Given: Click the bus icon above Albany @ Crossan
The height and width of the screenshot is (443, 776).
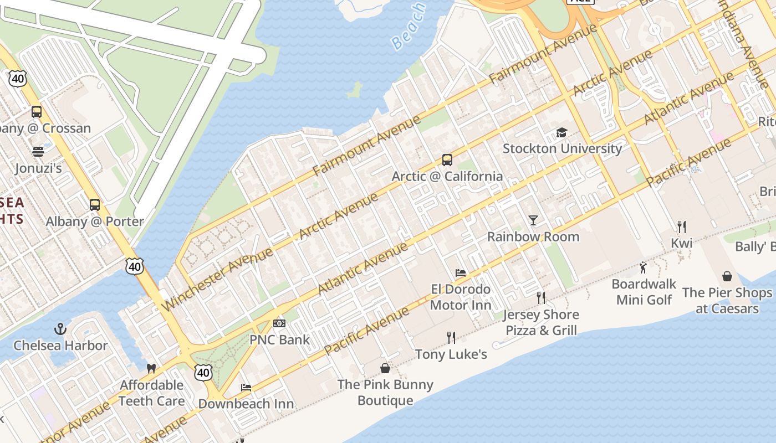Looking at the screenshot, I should tap(37, 112).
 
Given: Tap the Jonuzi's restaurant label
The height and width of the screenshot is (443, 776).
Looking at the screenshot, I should tap(39, 168).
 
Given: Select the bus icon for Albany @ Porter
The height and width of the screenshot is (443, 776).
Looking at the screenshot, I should tap(95, 205).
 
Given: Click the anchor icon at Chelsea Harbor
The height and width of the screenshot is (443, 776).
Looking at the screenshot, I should tap(60, 329).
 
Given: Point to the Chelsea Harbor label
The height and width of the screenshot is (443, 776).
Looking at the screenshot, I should tap(60, 346).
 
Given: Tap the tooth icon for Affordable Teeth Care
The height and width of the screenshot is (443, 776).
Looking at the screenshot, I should tap(151, 368).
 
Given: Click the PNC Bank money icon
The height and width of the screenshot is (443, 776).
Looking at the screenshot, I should tap(279, 323).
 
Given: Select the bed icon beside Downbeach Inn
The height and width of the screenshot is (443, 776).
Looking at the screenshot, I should tap(246, 388).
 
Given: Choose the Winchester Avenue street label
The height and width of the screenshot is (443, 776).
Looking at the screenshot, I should tap(218, 279).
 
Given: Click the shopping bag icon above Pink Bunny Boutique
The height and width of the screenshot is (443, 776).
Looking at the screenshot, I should tap(385, 368).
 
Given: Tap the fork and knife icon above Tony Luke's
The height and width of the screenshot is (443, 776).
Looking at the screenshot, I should tap(451, 337).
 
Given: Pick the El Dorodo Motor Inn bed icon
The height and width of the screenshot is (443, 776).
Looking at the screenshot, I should tap(461, 273).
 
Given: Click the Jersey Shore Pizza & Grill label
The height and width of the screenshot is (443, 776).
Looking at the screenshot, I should tap(540, 322).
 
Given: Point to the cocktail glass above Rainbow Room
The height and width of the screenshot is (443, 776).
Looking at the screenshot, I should tap(533, 220).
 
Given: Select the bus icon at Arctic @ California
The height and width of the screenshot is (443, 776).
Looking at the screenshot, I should tap(447, 160).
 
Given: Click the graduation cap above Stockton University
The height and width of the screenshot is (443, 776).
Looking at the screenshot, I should tap(562, 133).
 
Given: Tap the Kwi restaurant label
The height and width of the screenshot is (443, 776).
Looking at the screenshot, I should tap(681, 243).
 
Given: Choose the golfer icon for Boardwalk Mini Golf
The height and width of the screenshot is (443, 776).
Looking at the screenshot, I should tap(643, 268).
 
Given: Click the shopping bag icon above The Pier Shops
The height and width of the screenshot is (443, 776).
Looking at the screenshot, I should tap(727, 276).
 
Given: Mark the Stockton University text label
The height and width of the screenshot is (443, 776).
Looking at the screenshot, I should tap(562, 148).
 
